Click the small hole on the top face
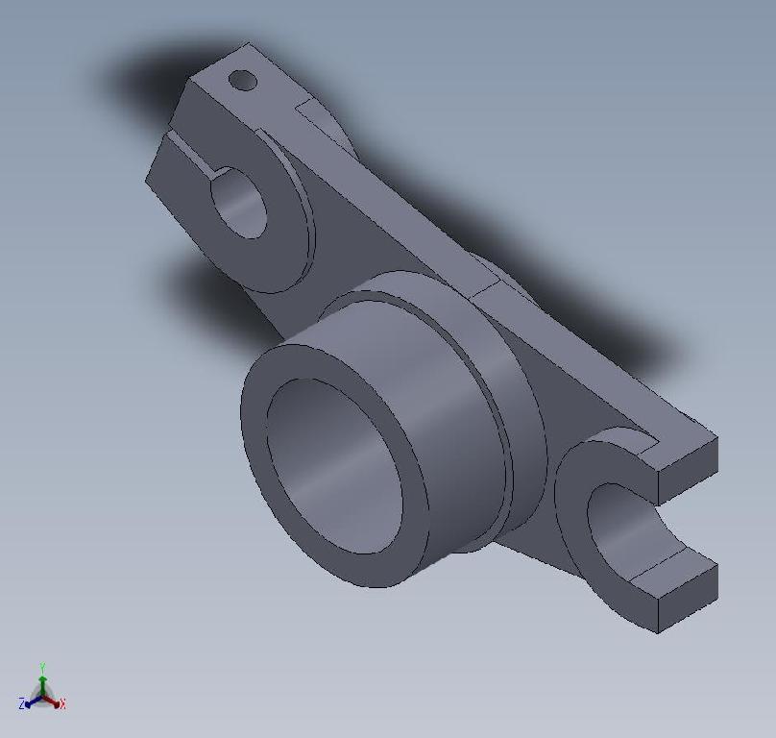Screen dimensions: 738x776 pos(244,81)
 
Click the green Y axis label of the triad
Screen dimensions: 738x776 pos(43,666)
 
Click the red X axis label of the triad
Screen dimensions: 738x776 pos(62,704)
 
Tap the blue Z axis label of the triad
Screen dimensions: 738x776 pos(21,704)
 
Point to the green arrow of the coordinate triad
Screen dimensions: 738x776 pos(43,680)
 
